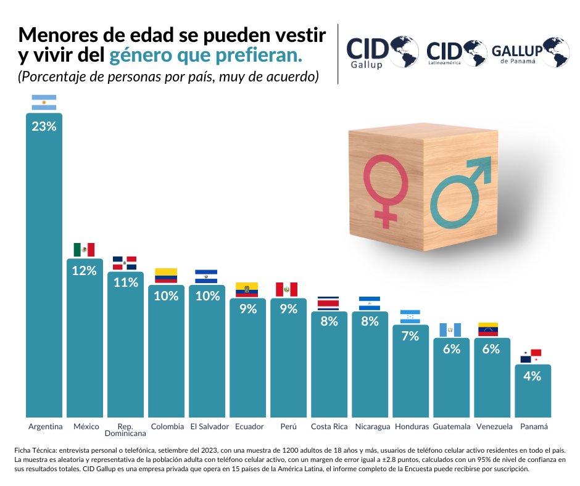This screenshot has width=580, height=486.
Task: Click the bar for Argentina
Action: (44, 265)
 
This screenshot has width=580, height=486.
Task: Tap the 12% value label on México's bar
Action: (84, 271)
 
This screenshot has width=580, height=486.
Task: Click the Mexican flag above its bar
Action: (84, 249)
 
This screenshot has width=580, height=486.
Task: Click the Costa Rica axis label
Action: (329, 427)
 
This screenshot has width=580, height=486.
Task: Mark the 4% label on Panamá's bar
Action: (532, 376)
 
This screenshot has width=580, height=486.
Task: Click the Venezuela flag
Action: (492, 329)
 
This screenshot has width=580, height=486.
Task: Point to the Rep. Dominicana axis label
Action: (125, 430)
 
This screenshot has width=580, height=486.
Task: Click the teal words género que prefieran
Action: (206, 56)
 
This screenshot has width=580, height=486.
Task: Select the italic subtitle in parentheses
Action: (168, 77)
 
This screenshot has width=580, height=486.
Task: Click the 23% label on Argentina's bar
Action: (44, 126)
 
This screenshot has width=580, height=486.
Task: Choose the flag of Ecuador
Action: (247, 289)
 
